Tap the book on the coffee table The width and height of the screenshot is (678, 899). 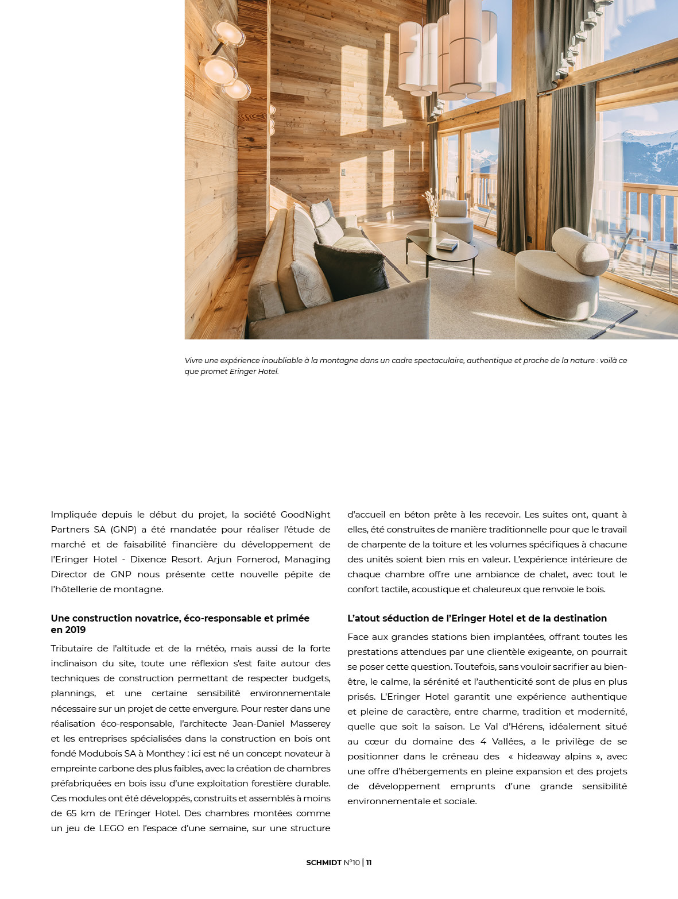point(447,245)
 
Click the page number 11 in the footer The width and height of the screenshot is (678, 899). point(369,862)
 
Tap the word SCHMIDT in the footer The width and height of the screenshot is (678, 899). point(324,862)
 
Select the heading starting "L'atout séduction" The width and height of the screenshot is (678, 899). point(476,618)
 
